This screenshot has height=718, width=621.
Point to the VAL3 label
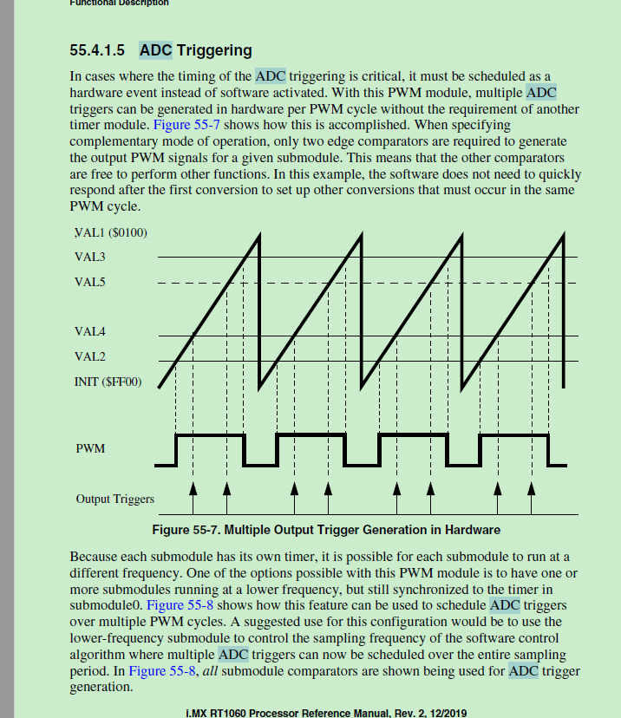[90, 257]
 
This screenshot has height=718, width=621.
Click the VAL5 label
[90, 282]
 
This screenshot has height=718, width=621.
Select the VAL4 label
[90, 332]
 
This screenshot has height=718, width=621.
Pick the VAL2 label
[90, 356]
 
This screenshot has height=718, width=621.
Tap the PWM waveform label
[90, 448]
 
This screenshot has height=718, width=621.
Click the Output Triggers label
[114, 499]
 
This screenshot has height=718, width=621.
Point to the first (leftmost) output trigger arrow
[193, 496]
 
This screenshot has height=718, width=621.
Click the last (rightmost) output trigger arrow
[531, 496]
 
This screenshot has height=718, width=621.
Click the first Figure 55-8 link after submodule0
[180, 604]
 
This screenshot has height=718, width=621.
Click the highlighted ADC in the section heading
[156, 50]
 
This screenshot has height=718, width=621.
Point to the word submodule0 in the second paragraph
[105, 604]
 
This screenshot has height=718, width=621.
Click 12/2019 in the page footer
[447, 713]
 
